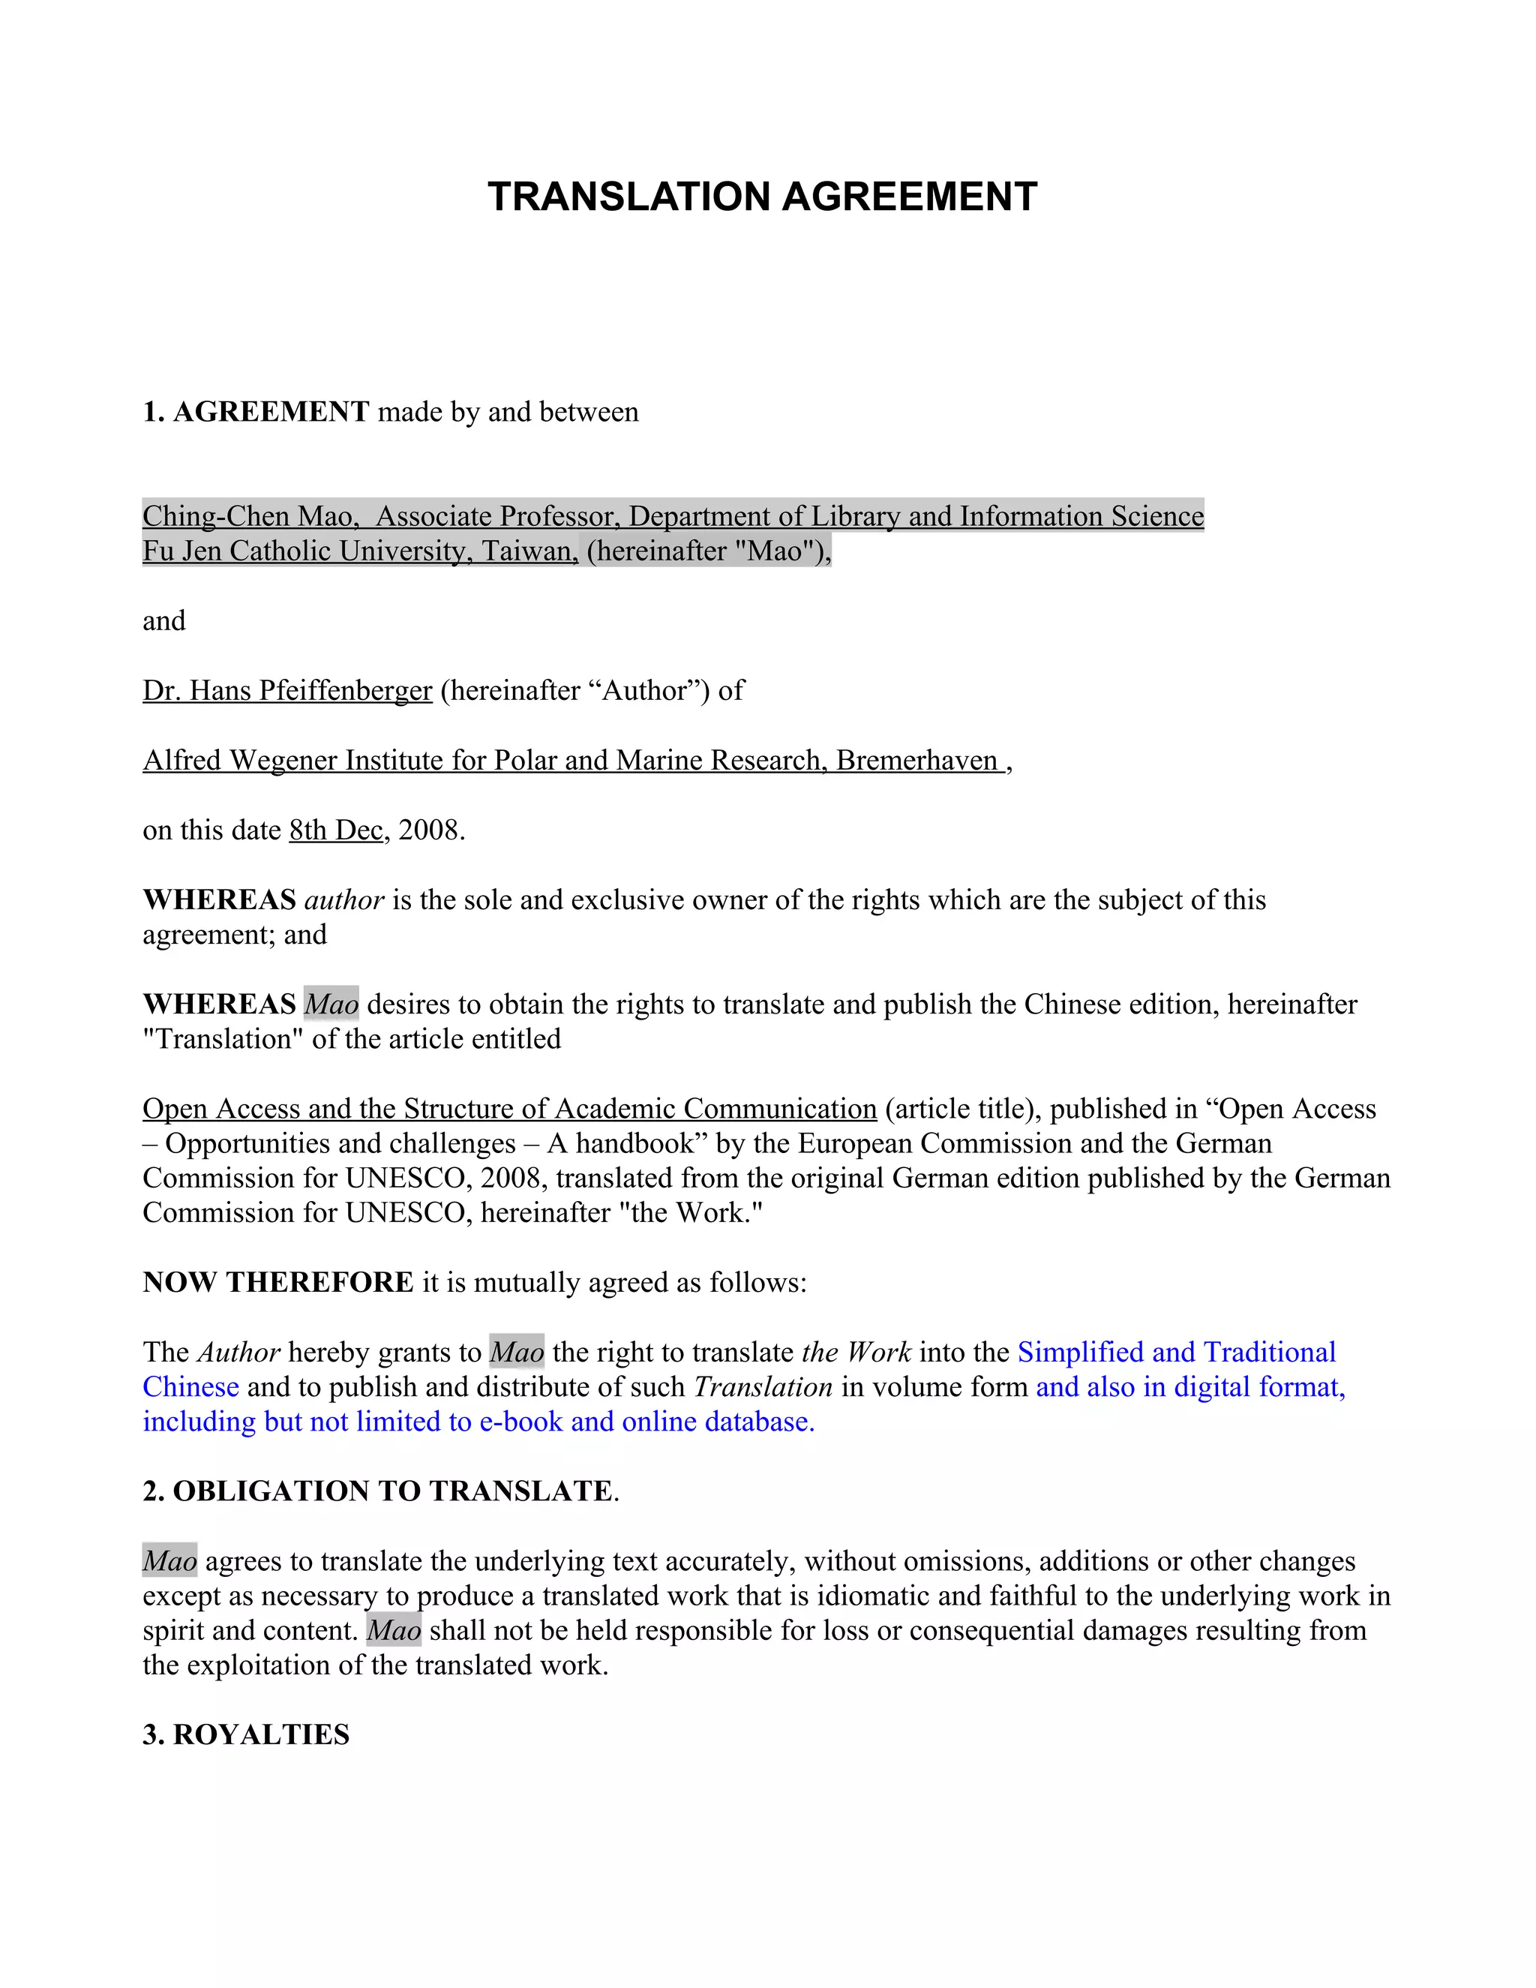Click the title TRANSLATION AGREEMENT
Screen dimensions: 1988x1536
[x=762, y=197]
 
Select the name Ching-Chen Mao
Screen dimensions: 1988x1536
[x=247, y=516]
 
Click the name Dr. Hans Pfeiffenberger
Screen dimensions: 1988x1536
[x=286, y=690]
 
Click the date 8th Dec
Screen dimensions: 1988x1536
[x=336, y=830]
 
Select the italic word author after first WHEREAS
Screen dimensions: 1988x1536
[x=344, y=900]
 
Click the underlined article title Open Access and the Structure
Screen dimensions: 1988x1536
[x=508, y=1109]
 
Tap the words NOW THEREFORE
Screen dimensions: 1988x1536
[x=277, y=1283]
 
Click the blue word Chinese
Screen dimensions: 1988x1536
[x=190, y=1387]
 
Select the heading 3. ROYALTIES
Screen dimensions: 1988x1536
[x=246, y=1735]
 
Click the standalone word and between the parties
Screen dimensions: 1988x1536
[x=163, y=621]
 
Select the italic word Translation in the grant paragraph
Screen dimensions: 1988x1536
[x=763, y=1387]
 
